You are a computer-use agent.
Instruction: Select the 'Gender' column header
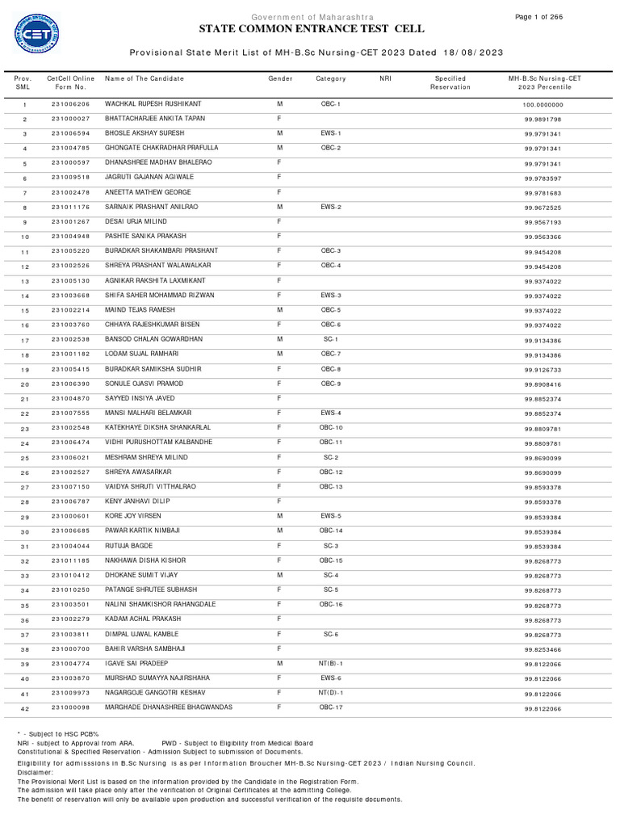click(x=280, y=78)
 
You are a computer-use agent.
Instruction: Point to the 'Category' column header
click(x=331, y=78)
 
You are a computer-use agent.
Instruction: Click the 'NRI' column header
click(x=384, y=78)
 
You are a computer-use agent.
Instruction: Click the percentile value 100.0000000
click(x=542, y=105)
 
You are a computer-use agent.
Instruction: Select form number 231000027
click(x=71, y=119)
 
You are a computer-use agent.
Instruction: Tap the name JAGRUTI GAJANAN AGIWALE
click(x=149, y=178)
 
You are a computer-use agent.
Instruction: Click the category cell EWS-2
click(x=331, y=207)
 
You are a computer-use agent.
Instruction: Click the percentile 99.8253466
click(x=542, y=649)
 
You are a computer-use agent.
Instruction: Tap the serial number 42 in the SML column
click(x=24, y=708)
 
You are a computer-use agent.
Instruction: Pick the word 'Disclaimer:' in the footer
click(x=35, y=772)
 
